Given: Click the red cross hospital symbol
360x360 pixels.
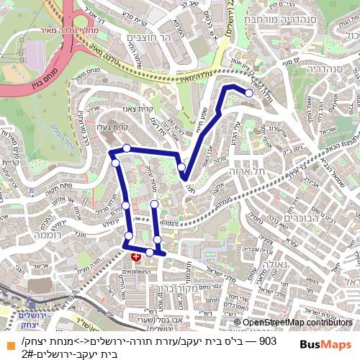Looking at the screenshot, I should tap(135, 256).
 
